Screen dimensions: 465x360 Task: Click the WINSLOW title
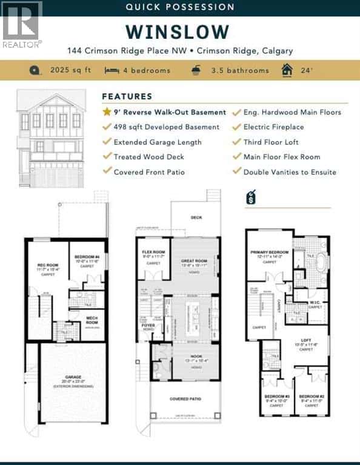coord(178,31)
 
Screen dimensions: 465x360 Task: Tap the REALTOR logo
coord(22,25)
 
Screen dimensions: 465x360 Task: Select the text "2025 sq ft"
coord(70,70)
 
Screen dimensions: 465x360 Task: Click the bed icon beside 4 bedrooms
coord(111,70)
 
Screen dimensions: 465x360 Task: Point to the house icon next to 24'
coord(286,70)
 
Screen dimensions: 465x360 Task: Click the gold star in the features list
coord(107,112)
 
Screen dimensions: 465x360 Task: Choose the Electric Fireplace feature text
coord(273,127)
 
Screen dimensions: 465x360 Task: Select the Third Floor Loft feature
coord(272,142)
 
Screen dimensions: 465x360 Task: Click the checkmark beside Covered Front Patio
coord(107,172)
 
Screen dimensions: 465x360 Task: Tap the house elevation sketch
coord(51,139)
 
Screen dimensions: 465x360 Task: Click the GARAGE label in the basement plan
coord(73,378)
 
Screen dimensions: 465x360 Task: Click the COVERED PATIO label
coord(185,397)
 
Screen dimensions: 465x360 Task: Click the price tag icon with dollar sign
coord(252,198)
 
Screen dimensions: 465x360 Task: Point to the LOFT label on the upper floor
coord(307,340)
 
